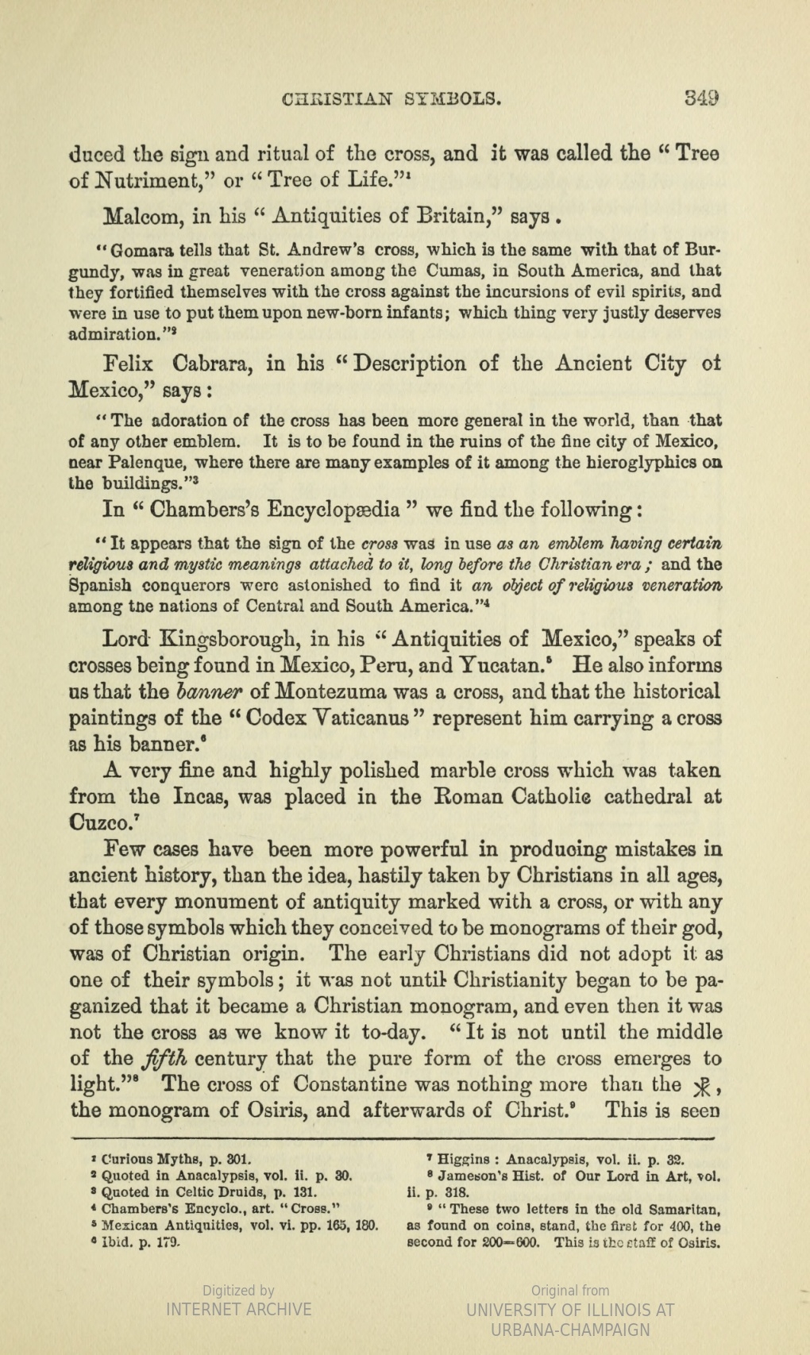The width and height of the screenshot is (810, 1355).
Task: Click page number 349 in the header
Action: click(703, 98)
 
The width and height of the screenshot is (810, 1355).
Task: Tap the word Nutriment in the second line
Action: click(152, 180)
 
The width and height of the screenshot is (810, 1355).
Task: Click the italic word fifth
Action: click(164, 1059)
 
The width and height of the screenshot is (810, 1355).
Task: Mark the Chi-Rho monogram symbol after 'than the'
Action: click(701, 1086)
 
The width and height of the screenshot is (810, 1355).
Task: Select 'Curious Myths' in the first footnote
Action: click(156, 1159)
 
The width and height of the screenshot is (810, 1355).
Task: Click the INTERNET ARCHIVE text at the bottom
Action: click(238, 1309)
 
